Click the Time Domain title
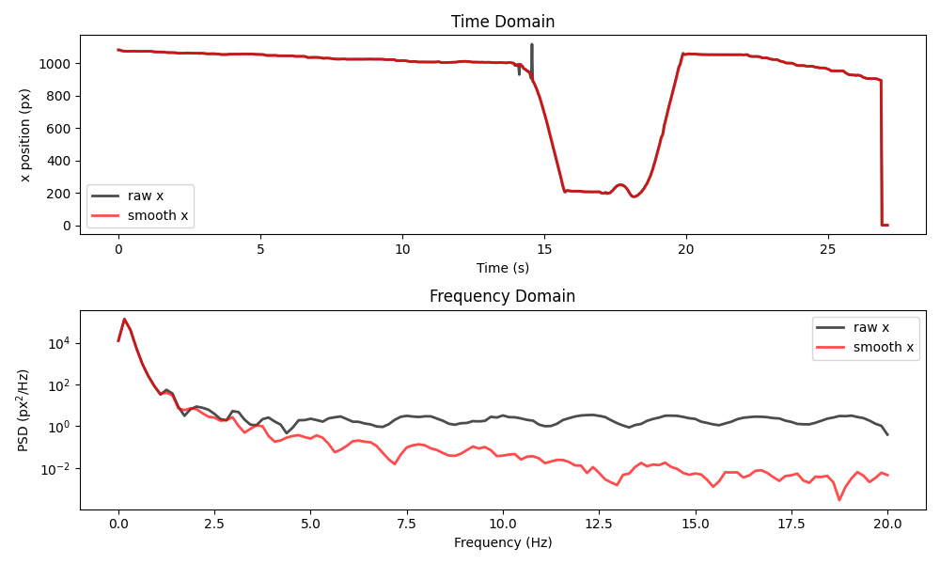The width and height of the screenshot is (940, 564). (502, 22)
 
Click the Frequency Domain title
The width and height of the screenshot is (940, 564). (502, 296)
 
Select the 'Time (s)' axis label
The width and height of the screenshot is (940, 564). (502, 268)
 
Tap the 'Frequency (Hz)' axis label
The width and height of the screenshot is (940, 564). (502, 542)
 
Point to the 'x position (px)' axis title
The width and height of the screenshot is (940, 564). (25, 135)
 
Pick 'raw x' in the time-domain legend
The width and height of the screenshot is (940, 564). (146, 196)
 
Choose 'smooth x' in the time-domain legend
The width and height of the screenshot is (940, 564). (158, 216)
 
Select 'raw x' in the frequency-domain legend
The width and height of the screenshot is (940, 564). (871, 327)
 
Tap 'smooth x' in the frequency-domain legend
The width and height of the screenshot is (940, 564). (884, 348)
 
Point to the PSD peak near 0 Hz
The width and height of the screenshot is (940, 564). (124, 320)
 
